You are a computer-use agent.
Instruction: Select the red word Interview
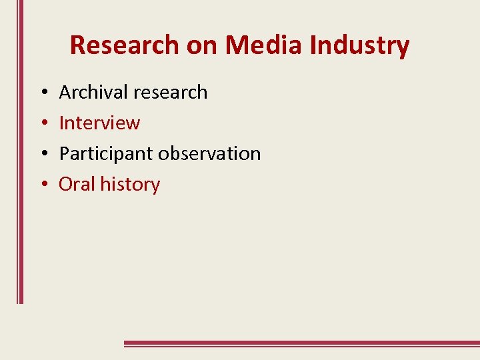pyautogui.click(x=99, y=123)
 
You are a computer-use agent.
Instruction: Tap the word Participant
pyautogui.click(x=106, y=153)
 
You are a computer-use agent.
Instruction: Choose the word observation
pyautogui.click(x=209, y=153)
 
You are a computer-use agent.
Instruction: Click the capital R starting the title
pyautogui.click(x=77, y=45)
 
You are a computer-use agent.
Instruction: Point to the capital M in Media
pyautogui.click(x=237, y=45)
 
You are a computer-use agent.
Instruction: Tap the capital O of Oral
pyautogui.click(x=66, y=184)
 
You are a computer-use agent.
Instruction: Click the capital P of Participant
pyautogui.click(x=65, y=153)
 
